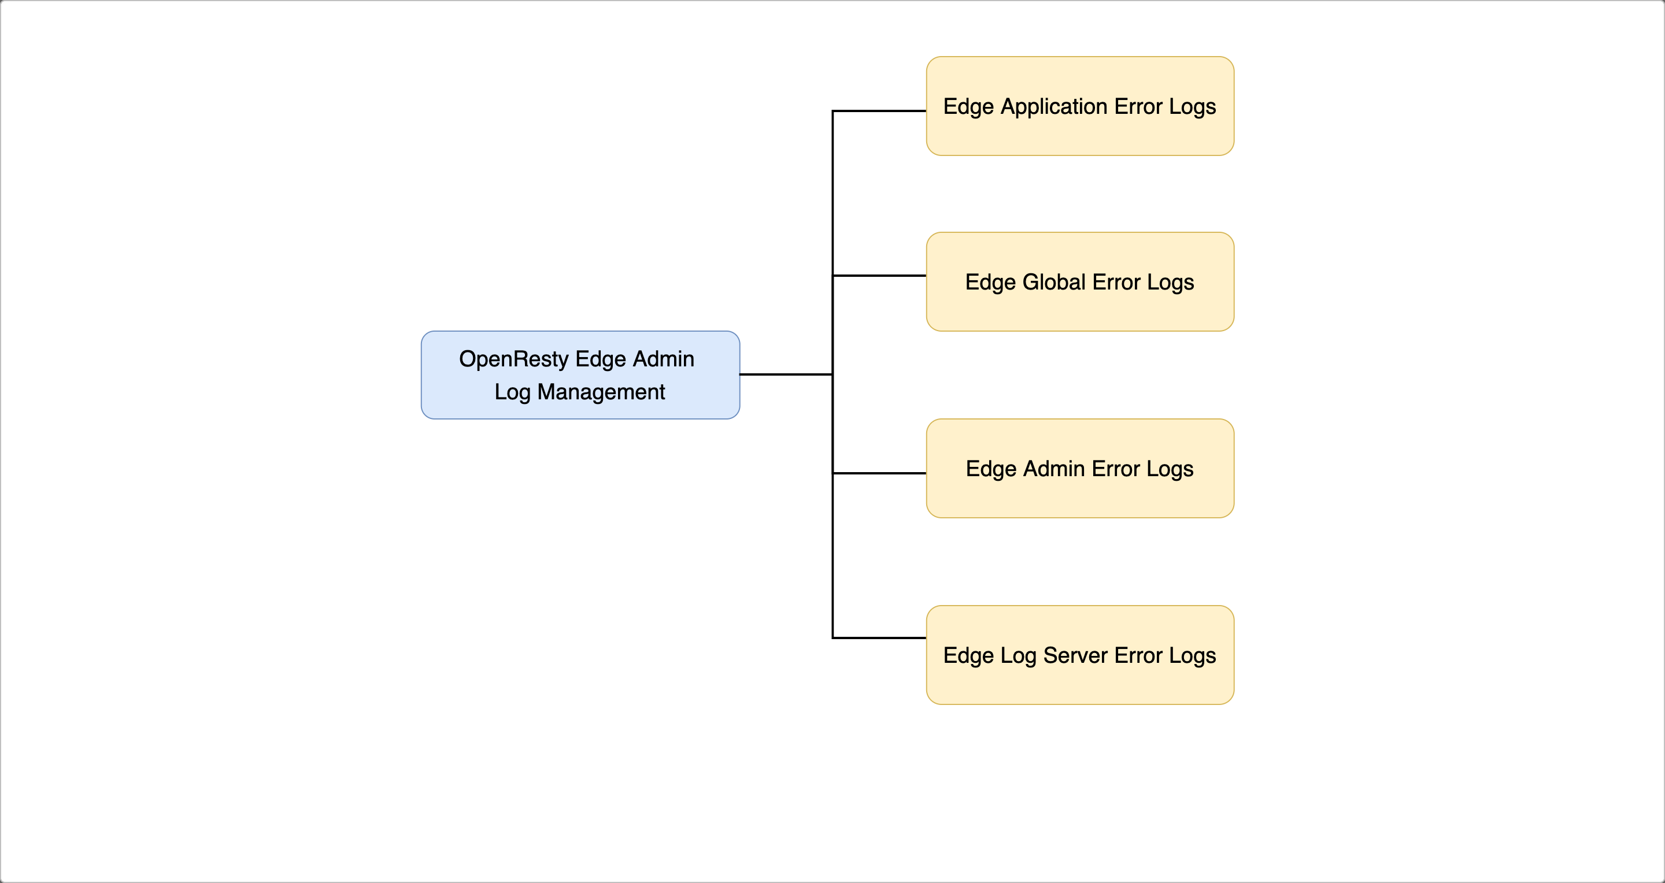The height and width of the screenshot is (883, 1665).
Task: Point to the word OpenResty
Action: pos(513,359)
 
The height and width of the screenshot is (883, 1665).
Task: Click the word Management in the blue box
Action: pos(601,392)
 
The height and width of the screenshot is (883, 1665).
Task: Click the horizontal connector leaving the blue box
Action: pos(785,374)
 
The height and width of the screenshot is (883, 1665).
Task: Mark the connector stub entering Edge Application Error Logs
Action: pos(879,111)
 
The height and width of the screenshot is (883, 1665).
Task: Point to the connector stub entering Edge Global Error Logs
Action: pos(879,276)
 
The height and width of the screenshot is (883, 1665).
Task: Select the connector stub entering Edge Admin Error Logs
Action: pos(879,473)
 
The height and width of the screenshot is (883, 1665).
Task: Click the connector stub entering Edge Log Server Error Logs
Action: pos(879,638)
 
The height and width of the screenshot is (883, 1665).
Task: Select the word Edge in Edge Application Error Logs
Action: pos(968,106)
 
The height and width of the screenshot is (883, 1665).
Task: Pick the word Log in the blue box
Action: pos(512,392)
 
